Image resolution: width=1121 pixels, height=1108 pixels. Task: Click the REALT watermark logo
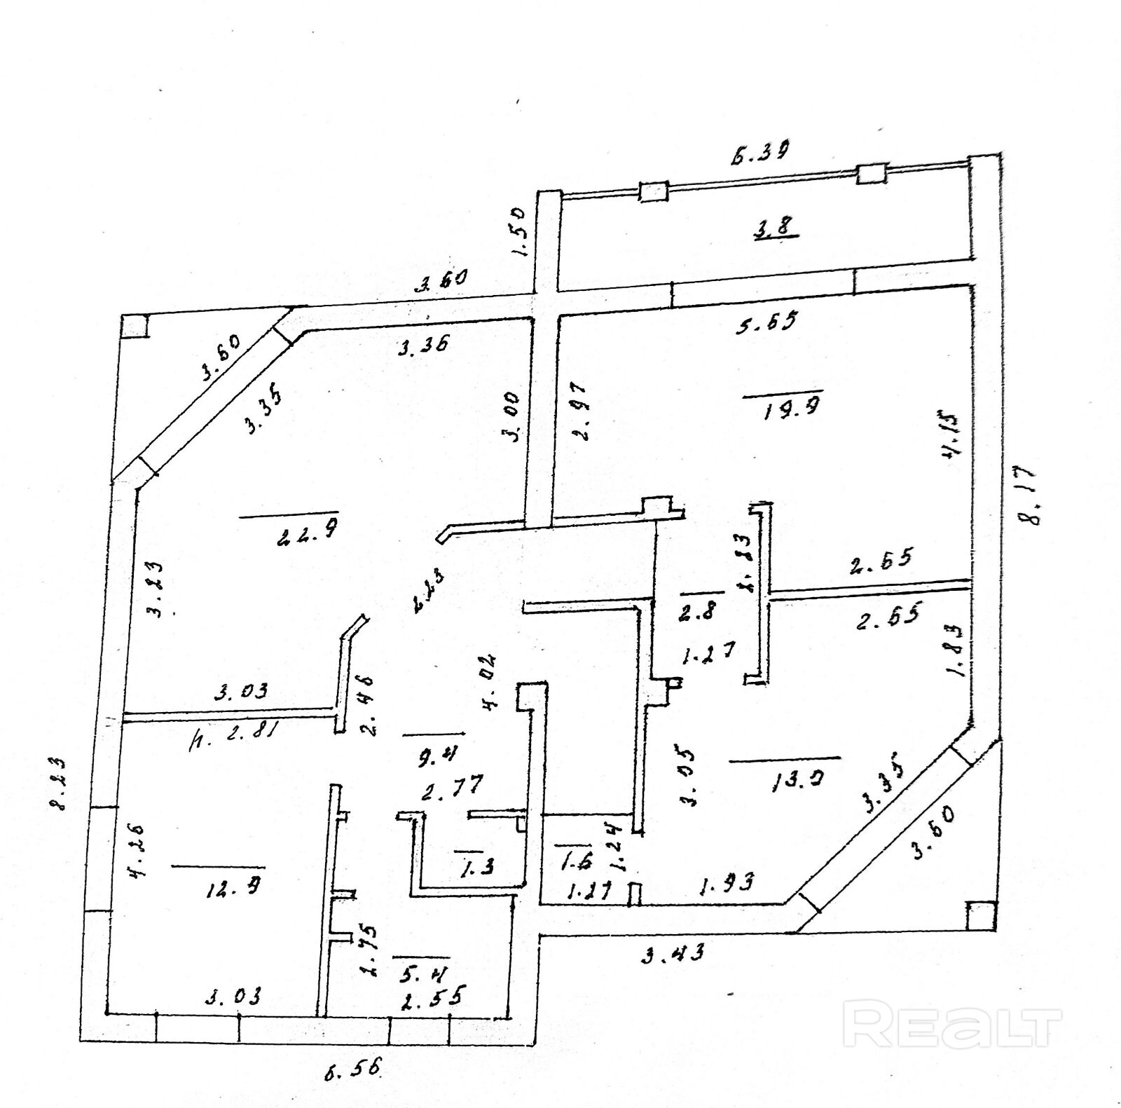(x=953, y=1027)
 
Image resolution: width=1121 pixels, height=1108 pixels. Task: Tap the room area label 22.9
(x=308, y=536)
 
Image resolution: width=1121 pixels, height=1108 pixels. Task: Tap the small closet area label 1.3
(x=477, y=866)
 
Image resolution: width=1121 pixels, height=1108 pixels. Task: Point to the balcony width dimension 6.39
(x=760, y=152)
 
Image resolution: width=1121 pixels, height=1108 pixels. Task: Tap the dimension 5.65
(x=766, y=322)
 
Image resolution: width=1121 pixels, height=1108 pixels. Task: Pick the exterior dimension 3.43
(x=673, y=952)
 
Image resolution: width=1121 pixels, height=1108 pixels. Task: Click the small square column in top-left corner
(x=135, y=326)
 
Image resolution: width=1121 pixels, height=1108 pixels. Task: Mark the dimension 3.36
(x=423, y=345)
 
